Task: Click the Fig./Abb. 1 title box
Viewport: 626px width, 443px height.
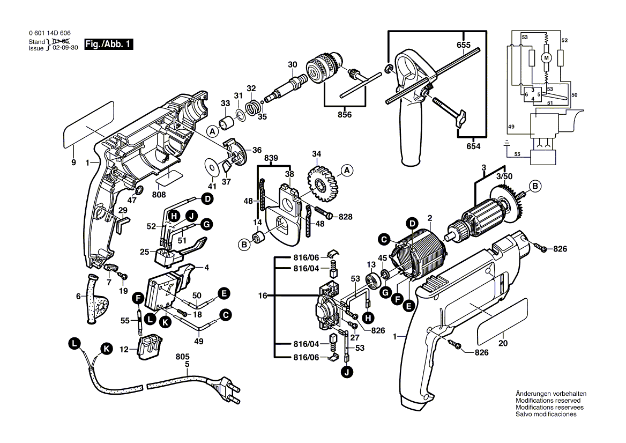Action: pos(108,45)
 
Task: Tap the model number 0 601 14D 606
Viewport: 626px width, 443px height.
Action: pos(50,33)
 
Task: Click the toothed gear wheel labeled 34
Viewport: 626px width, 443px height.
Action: pos(321,182)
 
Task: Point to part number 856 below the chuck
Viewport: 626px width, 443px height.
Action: pos(345,115)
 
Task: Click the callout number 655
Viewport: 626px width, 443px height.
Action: pos(464,46)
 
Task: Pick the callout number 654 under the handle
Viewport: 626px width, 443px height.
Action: pos(473,146)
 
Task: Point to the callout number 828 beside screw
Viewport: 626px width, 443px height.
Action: pos(345,216)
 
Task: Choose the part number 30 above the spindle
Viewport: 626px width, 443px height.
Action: pos(292,65)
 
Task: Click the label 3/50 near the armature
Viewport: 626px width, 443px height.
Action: pos(503,175)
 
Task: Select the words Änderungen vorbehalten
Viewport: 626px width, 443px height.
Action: pos(551,393)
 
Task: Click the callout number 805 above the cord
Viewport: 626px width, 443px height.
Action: pos(185,356)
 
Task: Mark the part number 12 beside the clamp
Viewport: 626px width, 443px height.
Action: pos(124,350)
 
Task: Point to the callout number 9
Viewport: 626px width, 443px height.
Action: pos(74,163)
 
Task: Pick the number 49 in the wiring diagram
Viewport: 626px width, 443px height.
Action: pos(511,127)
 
